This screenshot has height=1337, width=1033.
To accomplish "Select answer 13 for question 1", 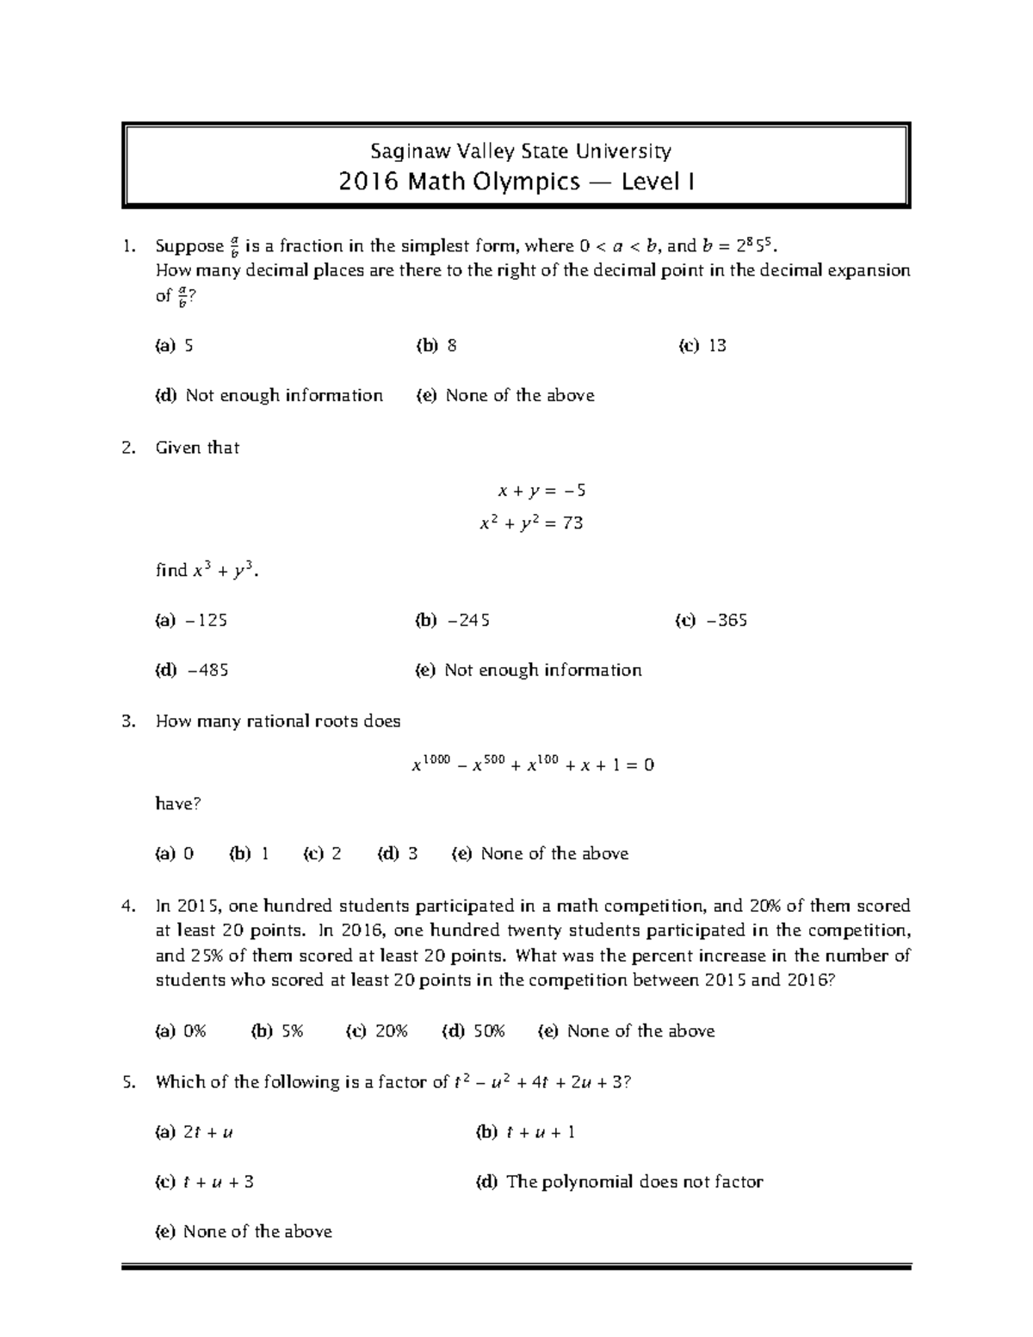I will [717, 346].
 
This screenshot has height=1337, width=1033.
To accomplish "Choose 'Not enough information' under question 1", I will [284, 396].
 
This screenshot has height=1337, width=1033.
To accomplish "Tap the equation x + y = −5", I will [541, 491].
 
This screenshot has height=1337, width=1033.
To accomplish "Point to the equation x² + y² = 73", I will [531, 523].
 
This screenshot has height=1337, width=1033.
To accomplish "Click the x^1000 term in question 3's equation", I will [431, 764].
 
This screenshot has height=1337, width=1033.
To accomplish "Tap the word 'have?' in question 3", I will [178, 804].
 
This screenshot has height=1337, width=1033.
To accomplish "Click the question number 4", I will [129, 907].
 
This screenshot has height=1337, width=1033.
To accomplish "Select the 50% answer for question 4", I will [486, 1031].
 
